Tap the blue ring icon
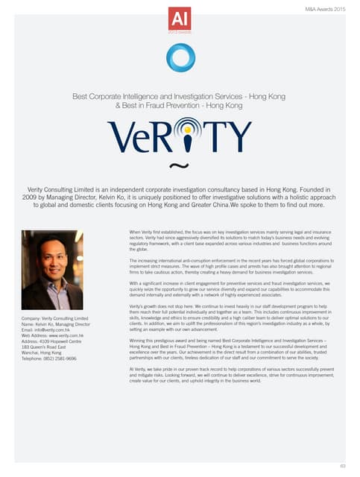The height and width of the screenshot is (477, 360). (180, 57)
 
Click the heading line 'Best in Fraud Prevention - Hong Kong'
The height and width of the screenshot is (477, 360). (180, 107)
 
